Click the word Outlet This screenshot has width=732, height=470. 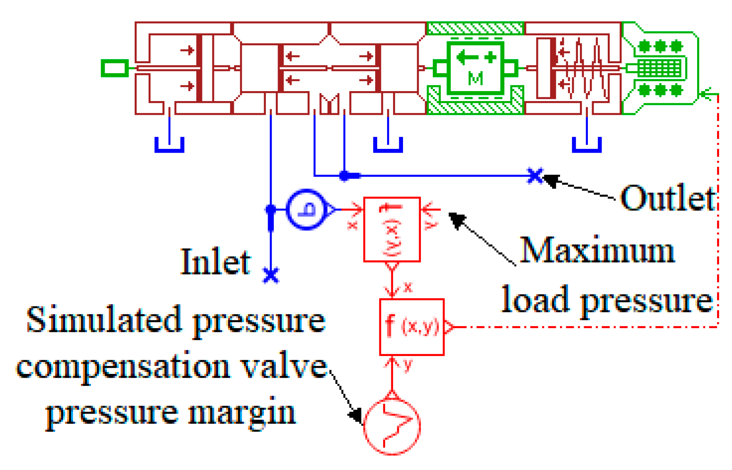click(668, 198)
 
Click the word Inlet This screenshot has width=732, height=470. click(216, 262)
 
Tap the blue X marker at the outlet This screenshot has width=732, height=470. click(535, 176)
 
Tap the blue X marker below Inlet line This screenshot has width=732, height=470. click(271, 275)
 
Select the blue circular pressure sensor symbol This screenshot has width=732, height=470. click(307, 210)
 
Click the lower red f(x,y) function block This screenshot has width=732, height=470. click(412, 327)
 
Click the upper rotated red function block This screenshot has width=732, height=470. click(392, 230)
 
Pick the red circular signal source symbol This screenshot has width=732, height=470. click(392, 427)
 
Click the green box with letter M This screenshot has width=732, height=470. click(475, 68)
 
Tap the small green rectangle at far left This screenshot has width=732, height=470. click(114, 68)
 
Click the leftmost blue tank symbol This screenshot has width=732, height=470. click(169, 145)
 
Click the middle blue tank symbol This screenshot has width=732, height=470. click(388, 145)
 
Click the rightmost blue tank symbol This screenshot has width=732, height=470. click(587, 145)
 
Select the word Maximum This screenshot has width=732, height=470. click(597, 251)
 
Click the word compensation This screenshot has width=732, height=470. click(123, 367)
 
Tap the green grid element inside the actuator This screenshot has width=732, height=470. click(659, 68)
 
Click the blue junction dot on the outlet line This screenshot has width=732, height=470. click(344, 176)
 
